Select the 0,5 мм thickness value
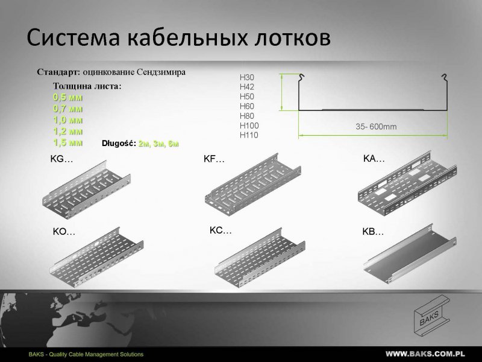click(67, 97)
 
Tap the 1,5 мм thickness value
click(67, 142)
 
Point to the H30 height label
click(247, 78)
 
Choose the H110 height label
click(249, 135)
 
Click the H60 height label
click(247, 106)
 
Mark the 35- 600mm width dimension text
click(376, 127)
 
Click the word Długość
click(119, 143)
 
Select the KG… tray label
click(61, 159)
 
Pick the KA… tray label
click(374, 159)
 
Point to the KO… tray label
click(64, 232)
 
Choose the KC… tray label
click(221, 230)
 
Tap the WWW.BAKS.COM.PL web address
click(425, 354)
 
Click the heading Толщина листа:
click(87, 86)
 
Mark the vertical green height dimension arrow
click(281, 92)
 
